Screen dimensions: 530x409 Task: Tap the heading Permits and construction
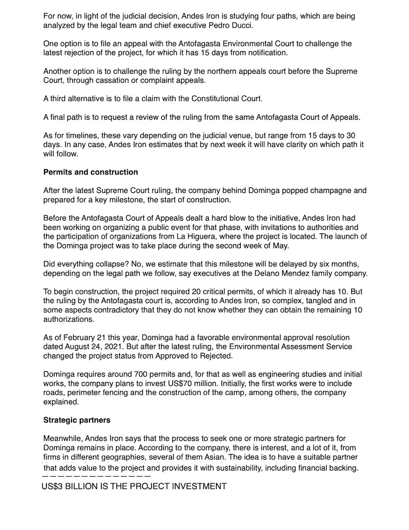point(90,172)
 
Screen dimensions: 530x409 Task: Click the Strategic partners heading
point(77,420)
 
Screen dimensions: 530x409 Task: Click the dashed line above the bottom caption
point(96,477)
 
